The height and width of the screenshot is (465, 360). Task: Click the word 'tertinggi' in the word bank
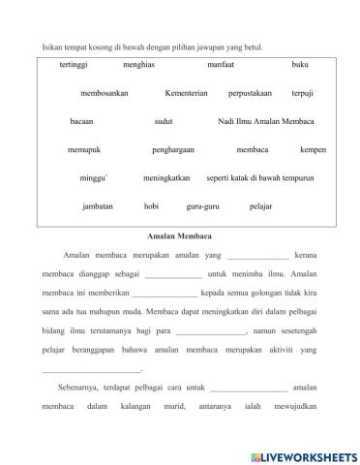(74, 65)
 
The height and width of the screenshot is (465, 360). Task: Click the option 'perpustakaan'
(250, 93)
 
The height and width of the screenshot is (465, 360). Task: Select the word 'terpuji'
(304, 93)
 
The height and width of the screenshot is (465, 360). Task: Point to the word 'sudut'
(164, 121)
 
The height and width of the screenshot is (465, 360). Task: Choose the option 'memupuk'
(85, 150)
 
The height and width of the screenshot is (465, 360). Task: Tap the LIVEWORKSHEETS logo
(303, 454)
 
